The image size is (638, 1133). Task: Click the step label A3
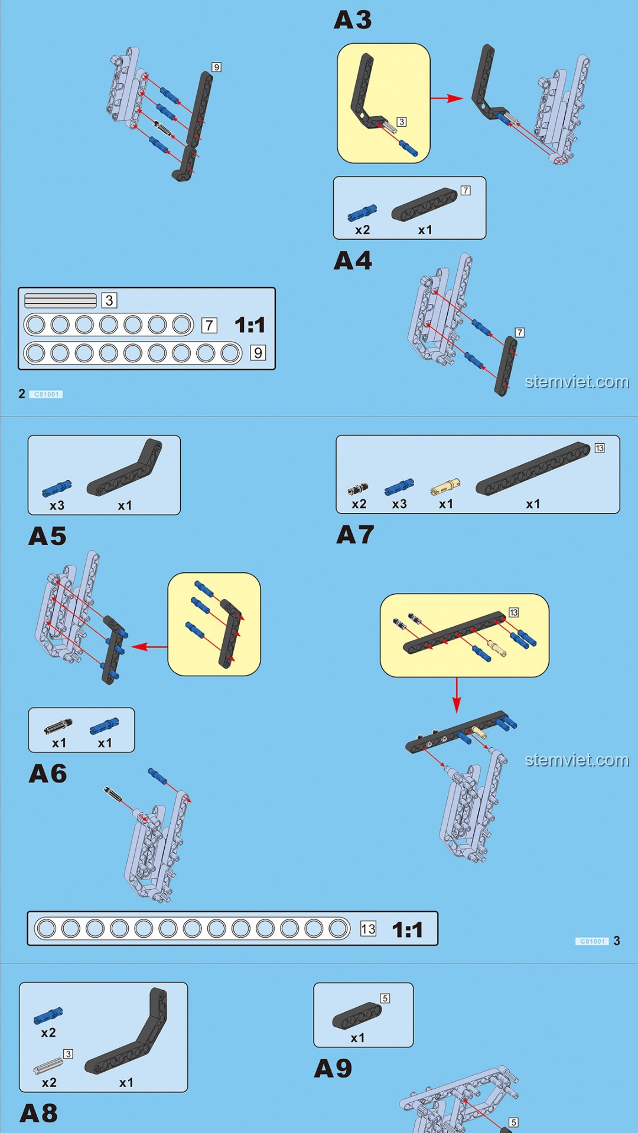(x=353, y=20)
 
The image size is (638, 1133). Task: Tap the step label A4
(x=353, y=260)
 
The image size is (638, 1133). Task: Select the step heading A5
(x=47, y=536)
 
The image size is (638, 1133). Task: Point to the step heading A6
(x=48, y=774)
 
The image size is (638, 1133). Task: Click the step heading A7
(x=355, y=535)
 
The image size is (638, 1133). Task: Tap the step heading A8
(x=38, y=1114)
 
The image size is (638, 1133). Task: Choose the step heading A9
(x=333, y=1068)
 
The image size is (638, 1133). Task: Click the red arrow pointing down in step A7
(x=456, y=695)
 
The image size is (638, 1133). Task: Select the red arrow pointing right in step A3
(x=447, y=99)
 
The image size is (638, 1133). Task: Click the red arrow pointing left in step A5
(x=149, y=647)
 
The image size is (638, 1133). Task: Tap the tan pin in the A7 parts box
(x=445, y=486)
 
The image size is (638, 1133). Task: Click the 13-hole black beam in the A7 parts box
(x=533, y=469)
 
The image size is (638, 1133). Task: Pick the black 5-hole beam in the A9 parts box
(x=357, y=1015)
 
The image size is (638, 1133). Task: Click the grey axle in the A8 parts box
(x=48, y=1066)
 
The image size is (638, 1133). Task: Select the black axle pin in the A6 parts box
(x=58, y=726)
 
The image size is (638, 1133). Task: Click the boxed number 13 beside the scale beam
(x=368, y=929)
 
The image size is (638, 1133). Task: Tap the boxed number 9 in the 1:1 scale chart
(x=258, y=353)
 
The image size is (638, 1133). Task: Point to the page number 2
(x=22, y=394)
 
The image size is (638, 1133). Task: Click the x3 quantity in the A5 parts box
(x=57, y=506)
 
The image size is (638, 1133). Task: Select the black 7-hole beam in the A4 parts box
(x=424, y=204)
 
